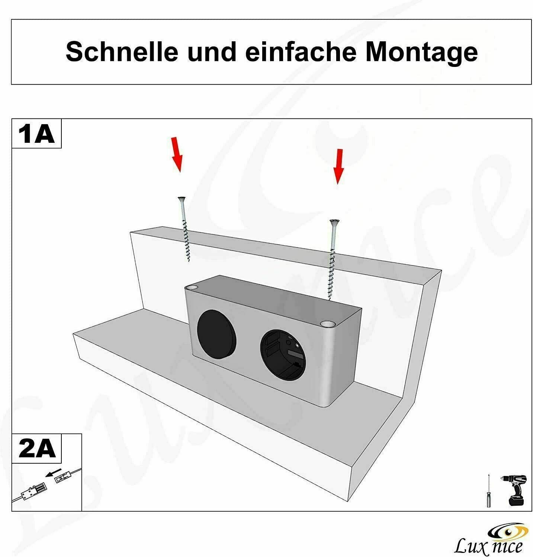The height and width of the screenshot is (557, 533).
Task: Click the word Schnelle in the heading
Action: click(122, 52)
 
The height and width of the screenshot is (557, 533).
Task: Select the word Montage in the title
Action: click(421, 52)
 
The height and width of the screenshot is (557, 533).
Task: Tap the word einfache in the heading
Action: click(301, 52)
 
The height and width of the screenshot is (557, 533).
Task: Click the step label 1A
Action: click(36, 134)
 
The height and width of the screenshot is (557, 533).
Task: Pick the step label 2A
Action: click(37, 449)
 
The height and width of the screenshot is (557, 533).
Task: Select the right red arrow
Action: click(338, 166)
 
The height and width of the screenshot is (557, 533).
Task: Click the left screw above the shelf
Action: click(184, 229)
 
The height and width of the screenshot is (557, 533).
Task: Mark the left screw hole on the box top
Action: click(193, 288)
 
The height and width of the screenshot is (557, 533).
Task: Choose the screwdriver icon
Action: click(488, 491)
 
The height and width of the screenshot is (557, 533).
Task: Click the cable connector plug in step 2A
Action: click(34, 492)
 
